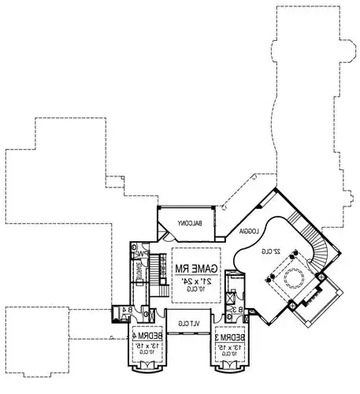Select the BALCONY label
click(x=191, y=223)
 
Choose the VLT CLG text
click(x=188, y=323)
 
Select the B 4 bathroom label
click(x=126, y=310)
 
